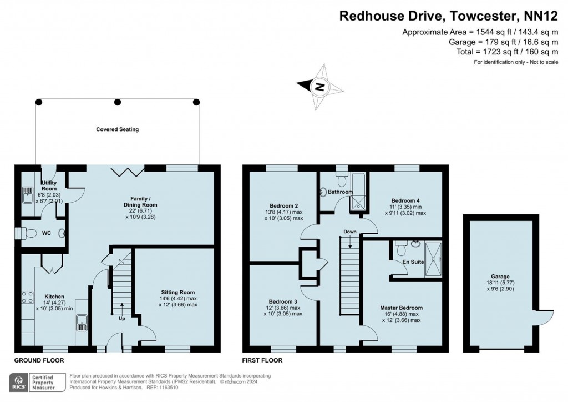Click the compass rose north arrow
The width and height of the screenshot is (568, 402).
tap(318, 86)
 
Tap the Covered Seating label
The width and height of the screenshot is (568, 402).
tap(117, 129)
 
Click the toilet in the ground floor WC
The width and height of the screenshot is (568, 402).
tap(32, 233)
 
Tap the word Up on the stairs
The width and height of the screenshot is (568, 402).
tap(121, 319)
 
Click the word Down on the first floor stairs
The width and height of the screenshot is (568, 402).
tap(350, 232)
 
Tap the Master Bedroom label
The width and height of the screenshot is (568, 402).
tap(401, 308)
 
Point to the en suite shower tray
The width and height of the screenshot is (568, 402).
tap(434, 258)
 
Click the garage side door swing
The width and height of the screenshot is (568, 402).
tap(545, 318)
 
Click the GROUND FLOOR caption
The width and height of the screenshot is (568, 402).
tap(38, 360)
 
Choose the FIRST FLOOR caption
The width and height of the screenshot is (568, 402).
tap(262, 360)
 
